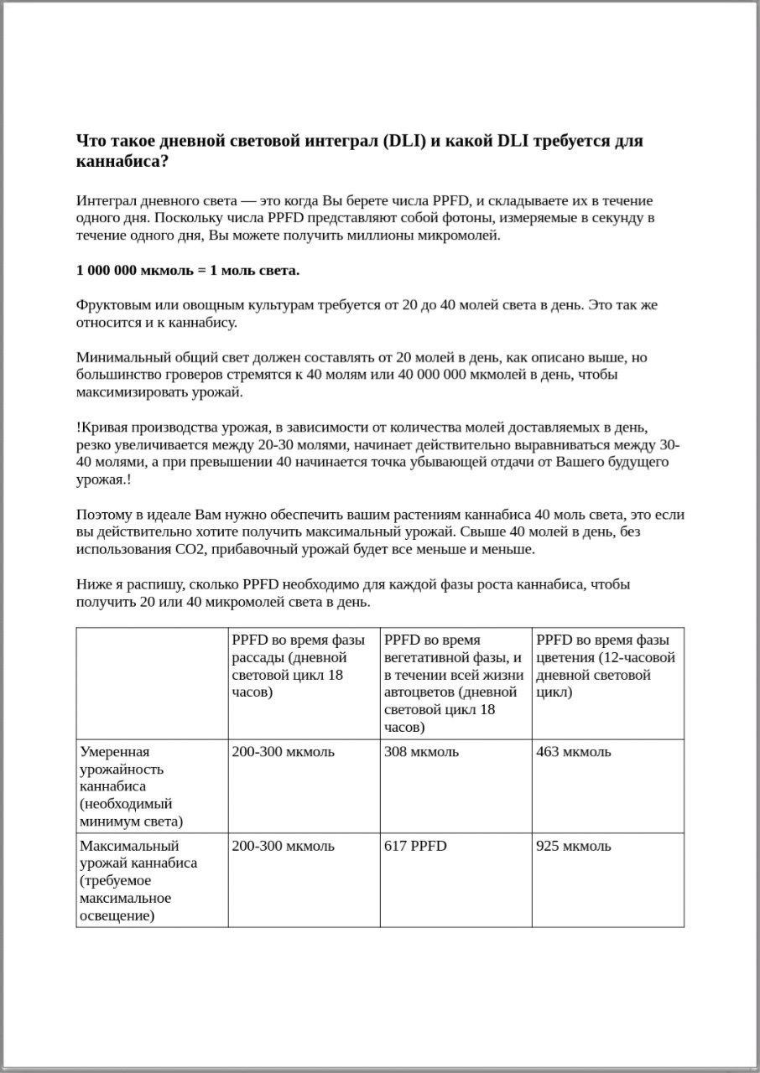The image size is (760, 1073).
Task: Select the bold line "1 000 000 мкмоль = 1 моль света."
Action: (188, 270)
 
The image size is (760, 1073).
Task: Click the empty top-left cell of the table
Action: (152, 682)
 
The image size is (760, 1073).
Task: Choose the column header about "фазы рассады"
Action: (298, 666)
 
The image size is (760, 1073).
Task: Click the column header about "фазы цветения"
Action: (605, 666)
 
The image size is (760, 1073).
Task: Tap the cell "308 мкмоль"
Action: (421, 752)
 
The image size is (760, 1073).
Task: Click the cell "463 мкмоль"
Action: (574, 752)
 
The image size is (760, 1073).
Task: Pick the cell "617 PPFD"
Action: (415, 846)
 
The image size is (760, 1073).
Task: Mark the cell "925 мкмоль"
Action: (574, 846)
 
